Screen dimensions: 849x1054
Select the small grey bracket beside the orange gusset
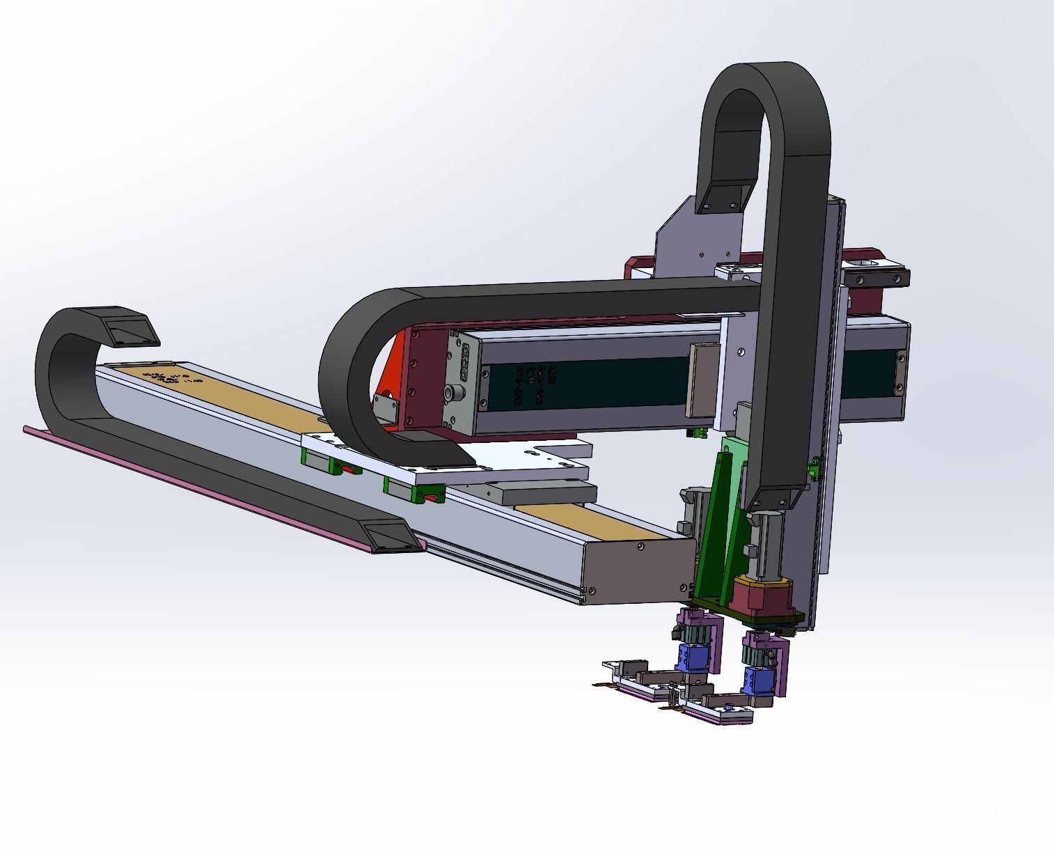383,407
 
